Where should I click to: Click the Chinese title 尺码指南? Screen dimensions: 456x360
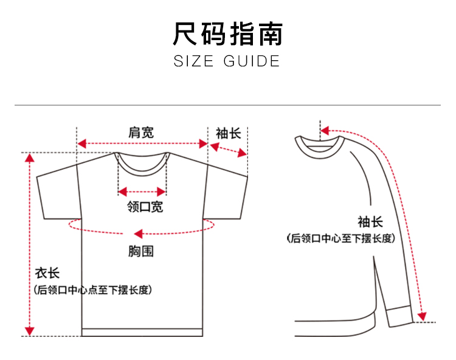point(227,34)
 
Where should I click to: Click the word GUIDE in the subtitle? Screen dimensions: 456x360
point(252,61)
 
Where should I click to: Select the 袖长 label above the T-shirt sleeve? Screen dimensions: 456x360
point(228,133)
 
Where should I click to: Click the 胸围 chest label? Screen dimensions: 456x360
point(141,250)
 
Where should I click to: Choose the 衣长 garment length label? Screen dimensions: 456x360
point(46,274)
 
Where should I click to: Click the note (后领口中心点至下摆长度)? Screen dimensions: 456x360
point(92,290)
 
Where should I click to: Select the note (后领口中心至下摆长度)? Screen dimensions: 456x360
point(341,238)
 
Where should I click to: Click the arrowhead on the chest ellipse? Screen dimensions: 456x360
point(138,233)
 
